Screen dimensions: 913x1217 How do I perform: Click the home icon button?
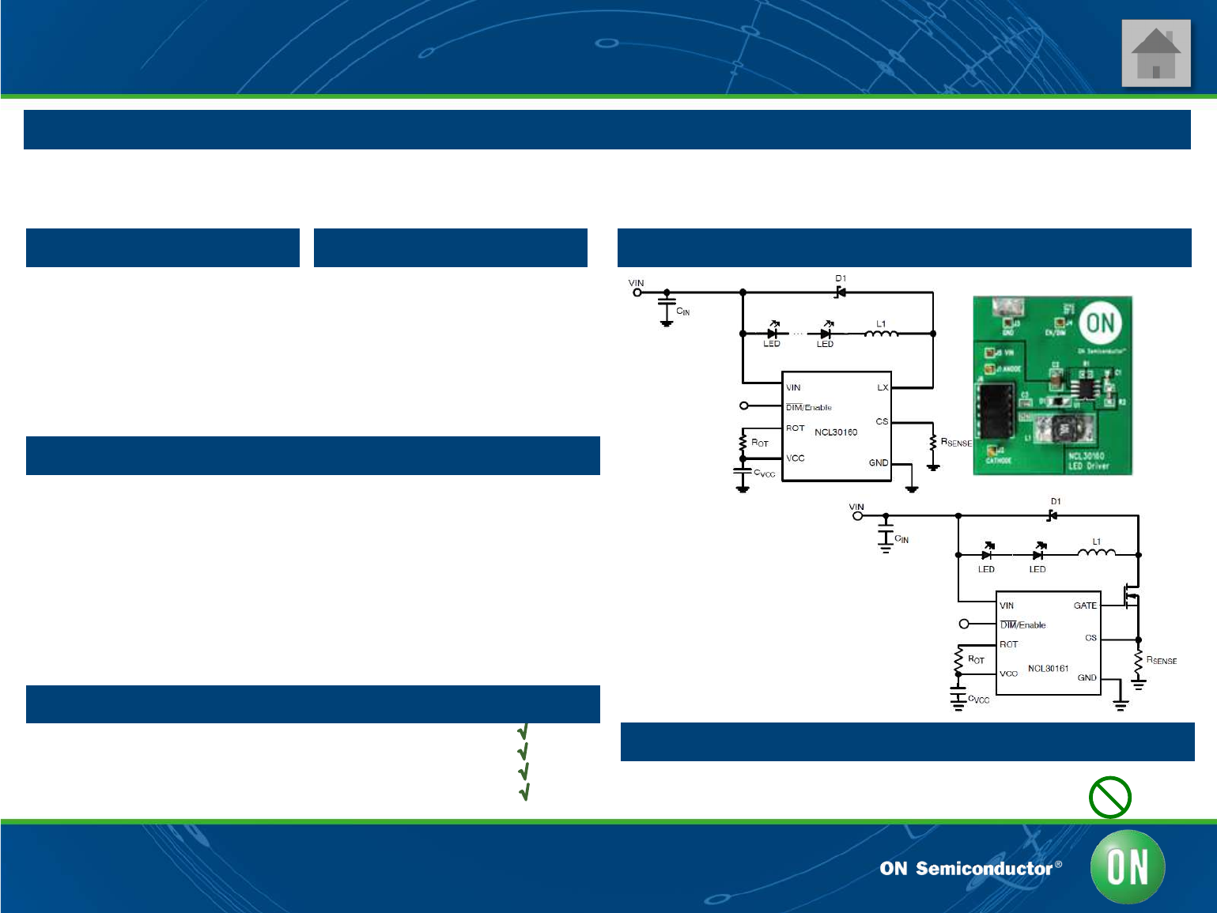click(1155, 54)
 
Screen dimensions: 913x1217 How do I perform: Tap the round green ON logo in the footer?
click(1127, 867)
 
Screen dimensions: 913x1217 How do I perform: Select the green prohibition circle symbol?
click(1109, 797)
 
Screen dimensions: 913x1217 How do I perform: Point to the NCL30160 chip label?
click(836, 432)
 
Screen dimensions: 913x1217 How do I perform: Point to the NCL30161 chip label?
click(1048, 669)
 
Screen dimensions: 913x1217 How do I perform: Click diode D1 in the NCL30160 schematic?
click(841, 292)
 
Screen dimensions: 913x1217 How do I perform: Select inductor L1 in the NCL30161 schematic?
click(1096, 553)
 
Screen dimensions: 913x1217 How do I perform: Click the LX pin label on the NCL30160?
click(883, 388)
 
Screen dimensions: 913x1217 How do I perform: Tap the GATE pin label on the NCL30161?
click(1085, 606)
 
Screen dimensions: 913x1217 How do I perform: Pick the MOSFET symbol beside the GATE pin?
click(1132, 595)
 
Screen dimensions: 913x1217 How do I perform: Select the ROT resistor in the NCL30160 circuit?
click(743, 443)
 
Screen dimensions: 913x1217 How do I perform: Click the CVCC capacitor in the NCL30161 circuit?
click(958, 696)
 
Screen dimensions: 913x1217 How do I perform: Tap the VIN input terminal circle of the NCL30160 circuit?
click(637, 292)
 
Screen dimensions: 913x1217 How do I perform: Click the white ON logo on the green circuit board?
click(1100, 323)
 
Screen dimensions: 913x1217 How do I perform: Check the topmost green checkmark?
click(523, 731)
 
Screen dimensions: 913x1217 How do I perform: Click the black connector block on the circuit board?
click(996, 409)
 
